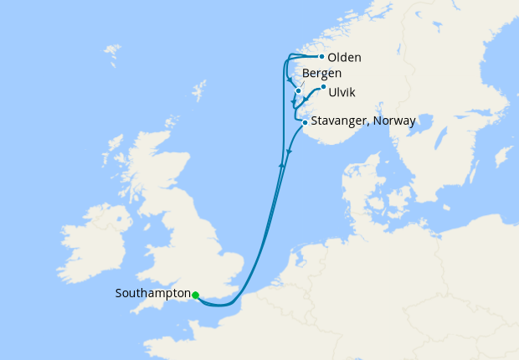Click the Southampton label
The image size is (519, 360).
pos(153,294)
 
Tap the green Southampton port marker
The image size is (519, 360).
pos(195,295)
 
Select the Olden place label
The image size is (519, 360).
pos(345,58)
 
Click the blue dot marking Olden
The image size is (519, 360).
pos(321,57)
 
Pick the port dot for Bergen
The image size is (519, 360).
pos(298,90)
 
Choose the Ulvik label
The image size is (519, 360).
pos(343,89)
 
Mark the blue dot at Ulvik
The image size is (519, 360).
pos(323,86)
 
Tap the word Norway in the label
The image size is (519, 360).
pos(395,121)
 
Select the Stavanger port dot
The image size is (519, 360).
pos(304,123)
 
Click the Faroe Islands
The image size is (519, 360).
pos(111,56)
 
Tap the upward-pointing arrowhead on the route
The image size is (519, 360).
pos(282,166)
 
